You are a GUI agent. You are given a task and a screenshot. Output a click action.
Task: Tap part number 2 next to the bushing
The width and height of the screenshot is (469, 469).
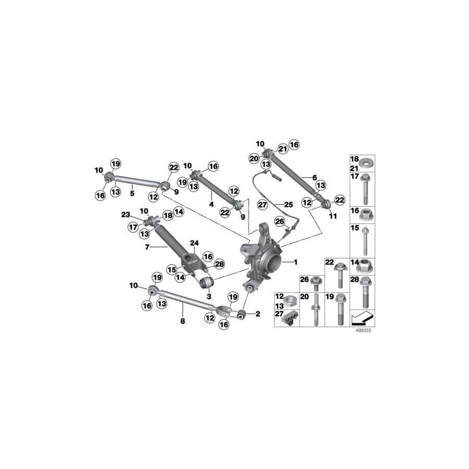257,314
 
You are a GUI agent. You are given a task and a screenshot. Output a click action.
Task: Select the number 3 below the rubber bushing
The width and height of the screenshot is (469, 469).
208,295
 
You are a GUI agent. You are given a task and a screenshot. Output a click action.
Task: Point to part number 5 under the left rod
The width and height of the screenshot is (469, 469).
132,193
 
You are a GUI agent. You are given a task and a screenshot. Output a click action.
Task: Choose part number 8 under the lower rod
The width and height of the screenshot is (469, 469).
182,322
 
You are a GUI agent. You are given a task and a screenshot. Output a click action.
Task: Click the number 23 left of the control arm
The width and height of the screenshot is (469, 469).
125,214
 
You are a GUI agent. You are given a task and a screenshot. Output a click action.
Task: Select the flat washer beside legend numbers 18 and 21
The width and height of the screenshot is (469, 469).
367,162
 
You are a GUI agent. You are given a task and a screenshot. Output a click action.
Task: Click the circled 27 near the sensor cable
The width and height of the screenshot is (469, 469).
263,205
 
